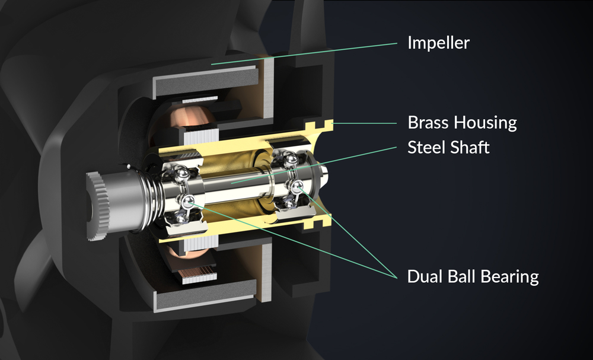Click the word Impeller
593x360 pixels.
tap(438, 43)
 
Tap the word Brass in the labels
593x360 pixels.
tap(428, 123)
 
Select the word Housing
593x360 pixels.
tap(485, 123)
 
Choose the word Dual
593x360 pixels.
tap(425, 276)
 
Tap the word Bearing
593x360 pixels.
tap(506, 277)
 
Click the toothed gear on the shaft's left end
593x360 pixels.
tap(98, 206)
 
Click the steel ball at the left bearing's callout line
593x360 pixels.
tap(187, 202)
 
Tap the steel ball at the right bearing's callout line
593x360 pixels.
tap(297, 185)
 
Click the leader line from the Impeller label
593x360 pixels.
tap(304, 54)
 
